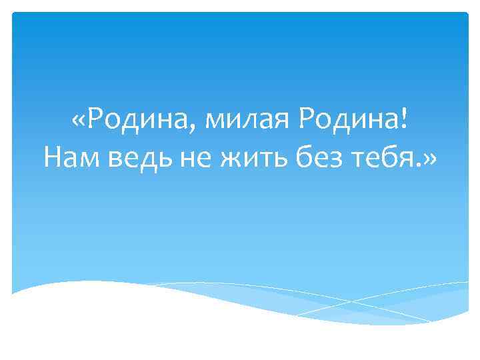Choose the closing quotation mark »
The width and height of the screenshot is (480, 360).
pyautogui.click(x=429, y=158)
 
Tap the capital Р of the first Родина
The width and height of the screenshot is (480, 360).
pyautogui.click(x=95, y=122)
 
